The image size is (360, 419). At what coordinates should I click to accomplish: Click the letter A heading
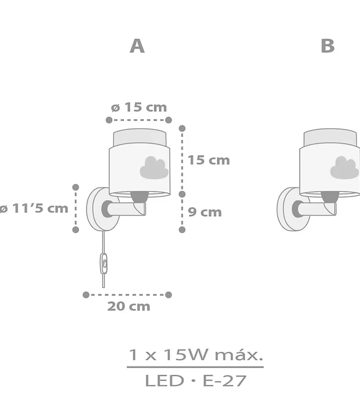click(137, 46)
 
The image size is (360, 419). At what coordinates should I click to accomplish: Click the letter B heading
click(328, 46)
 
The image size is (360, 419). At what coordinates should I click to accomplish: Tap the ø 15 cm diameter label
click(139, 107)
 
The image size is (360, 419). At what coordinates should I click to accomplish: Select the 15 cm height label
click(209, 160)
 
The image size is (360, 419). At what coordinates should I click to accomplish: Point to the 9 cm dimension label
click(205, 212)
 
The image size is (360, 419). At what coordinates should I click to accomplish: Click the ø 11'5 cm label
click(34, 208)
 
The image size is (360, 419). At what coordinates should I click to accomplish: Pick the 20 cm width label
click(129, 306)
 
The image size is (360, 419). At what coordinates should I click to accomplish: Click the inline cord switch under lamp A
click(104, 264)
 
